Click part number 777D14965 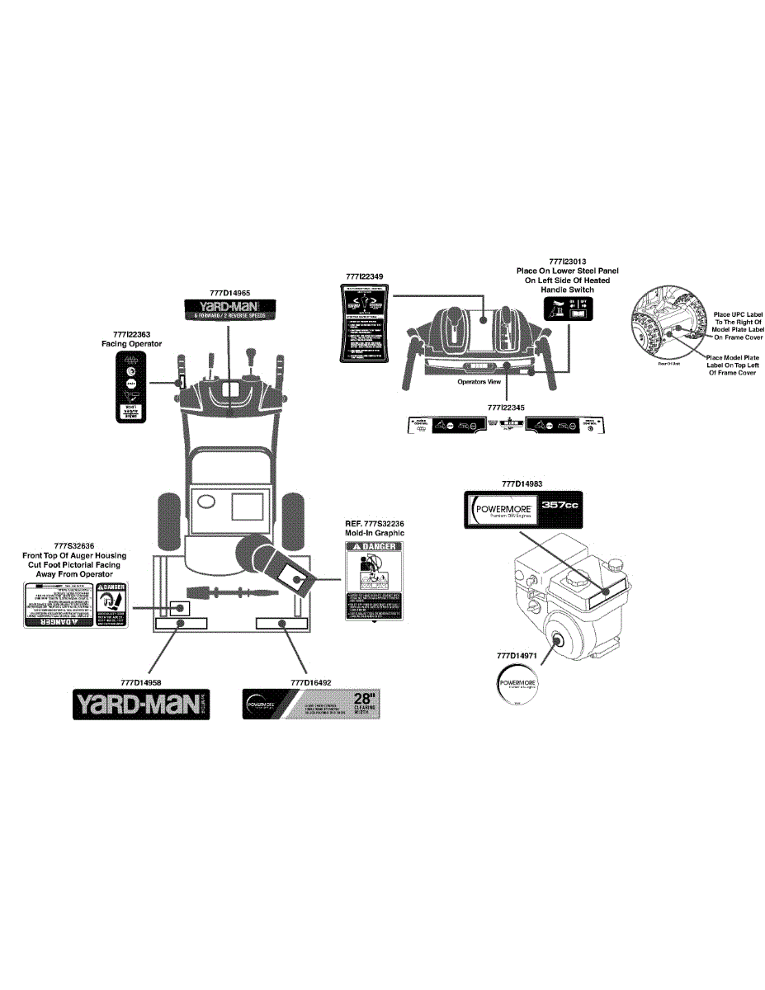229,292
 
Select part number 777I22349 364,276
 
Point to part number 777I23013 567,261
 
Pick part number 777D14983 522,483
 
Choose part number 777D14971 517,656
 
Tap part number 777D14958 140,682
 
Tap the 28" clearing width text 365,703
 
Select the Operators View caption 479,382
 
